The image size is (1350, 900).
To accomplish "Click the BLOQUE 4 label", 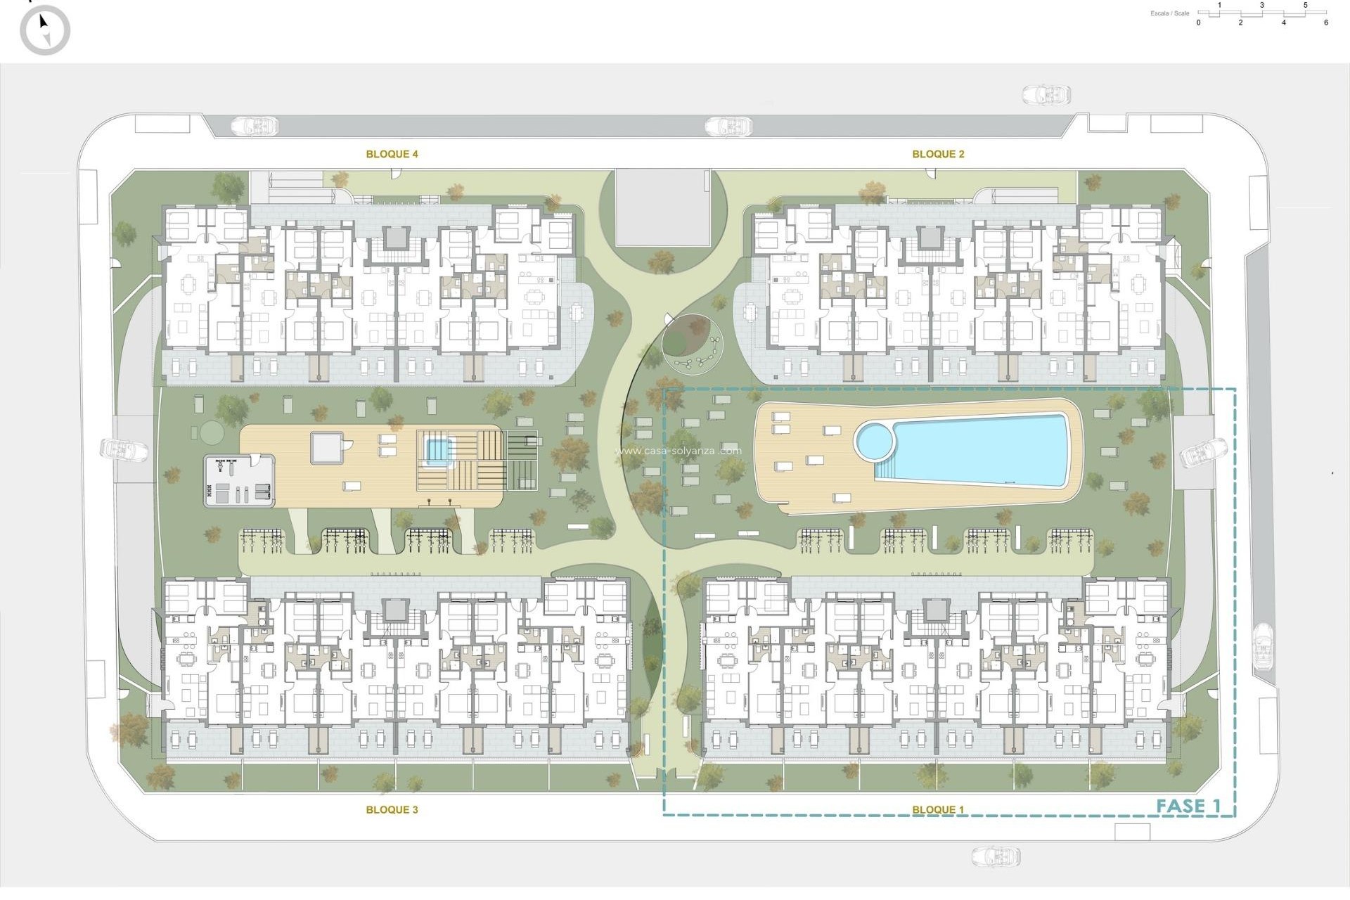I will click(x=392, y=154).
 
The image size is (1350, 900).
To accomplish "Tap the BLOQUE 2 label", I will click(x=938, y=154).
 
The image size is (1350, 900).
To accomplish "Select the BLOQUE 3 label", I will click(x=392, y=810).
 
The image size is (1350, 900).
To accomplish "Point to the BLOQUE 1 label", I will click(x=938, y=810).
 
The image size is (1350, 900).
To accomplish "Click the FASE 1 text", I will click(x=1188, y=806).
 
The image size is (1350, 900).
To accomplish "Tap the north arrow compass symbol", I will click(x=45, y=30).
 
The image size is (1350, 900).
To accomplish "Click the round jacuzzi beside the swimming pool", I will click(x=874, y=441).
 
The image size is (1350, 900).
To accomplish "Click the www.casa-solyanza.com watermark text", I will click(x=678, y=451).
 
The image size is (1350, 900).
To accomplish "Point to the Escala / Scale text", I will click(x=1170, y=13).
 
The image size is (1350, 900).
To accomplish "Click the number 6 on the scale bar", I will click(x=1326, y=22).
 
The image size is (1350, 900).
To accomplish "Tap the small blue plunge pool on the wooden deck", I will click(x=437, y=449).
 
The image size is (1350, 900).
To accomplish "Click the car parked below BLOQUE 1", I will click(x=996, y=856).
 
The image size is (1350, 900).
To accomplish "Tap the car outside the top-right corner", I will click(x=1046, y=95).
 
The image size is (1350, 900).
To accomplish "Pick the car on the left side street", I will click(x=124, y=450).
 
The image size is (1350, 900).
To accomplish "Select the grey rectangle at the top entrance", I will click(x=663, y=207).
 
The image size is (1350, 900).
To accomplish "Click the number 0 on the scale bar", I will click(x=1199, y=22).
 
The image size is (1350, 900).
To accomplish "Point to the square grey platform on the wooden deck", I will click(x=327, y=447).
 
